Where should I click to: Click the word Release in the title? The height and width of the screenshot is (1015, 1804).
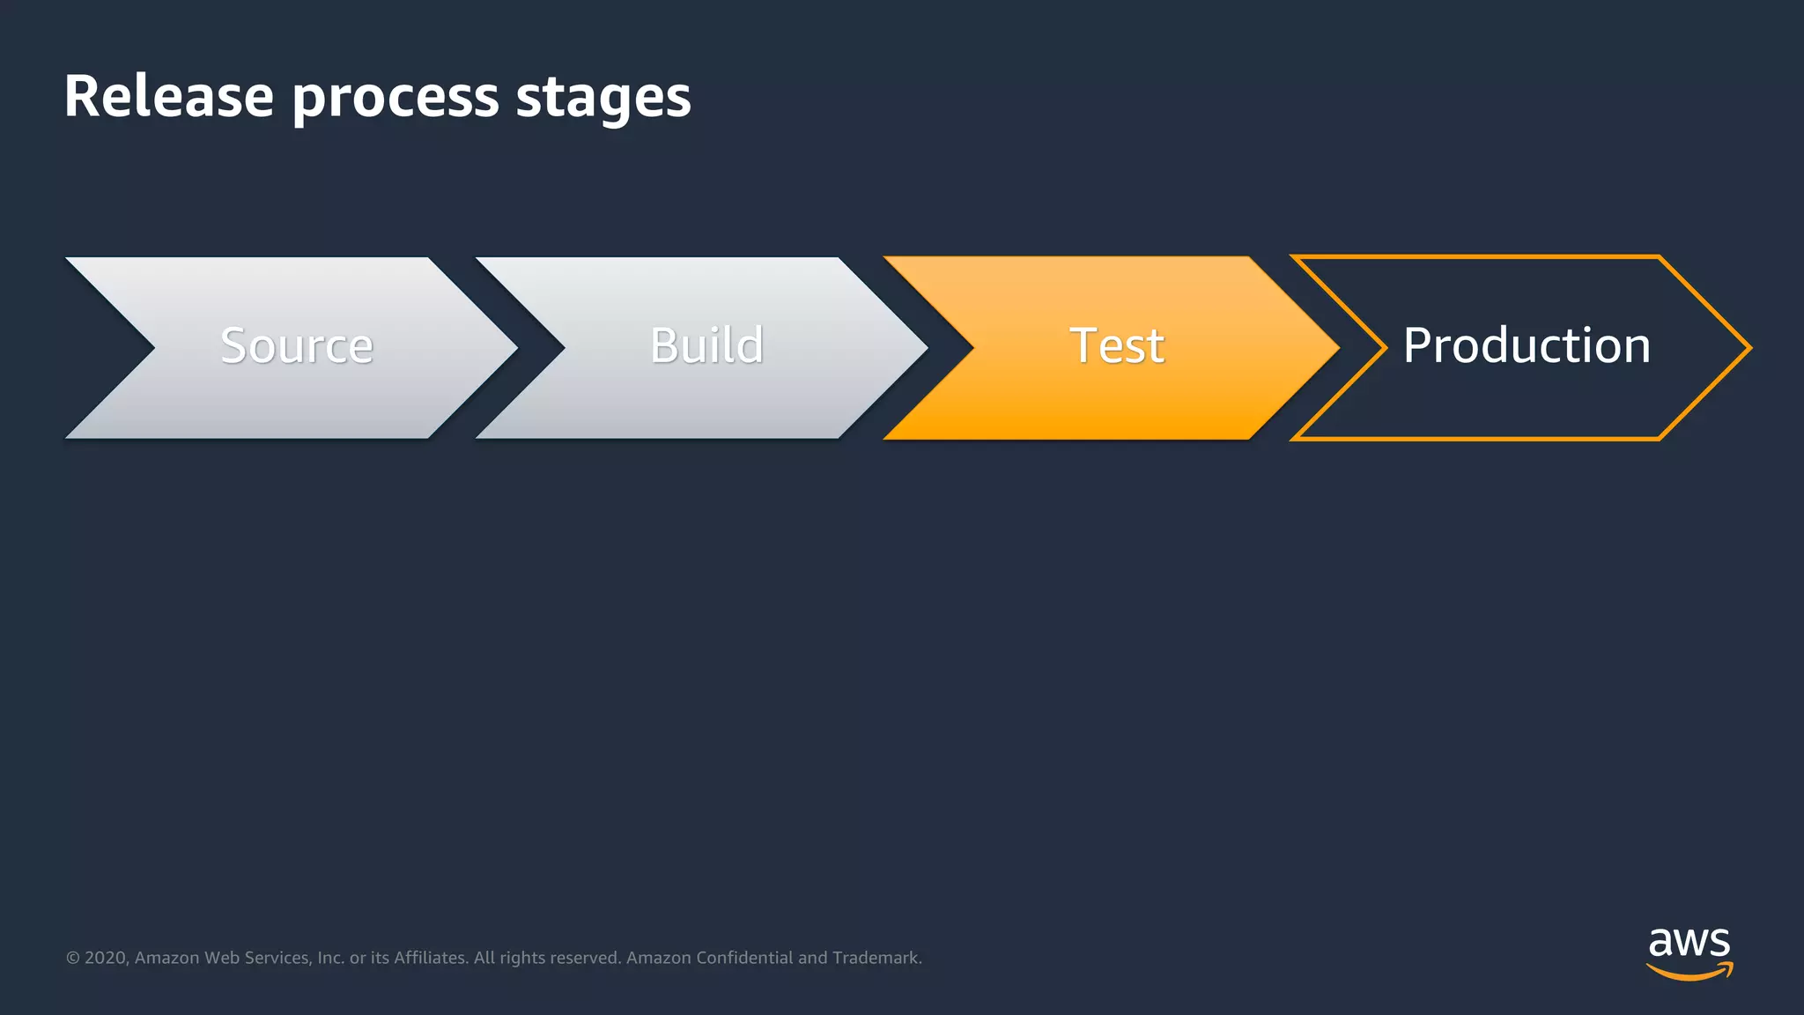(168, 96)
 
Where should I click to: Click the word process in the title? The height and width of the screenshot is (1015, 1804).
(395, 99)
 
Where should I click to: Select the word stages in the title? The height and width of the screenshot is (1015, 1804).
(603, 99)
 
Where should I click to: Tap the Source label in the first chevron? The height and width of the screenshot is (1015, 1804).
(297, 345)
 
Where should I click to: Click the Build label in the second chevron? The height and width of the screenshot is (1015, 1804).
(706, 345)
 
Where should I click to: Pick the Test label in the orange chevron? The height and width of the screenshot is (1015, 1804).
(1117, 345)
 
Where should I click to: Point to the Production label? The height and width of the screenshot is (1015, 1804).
(1527, 345)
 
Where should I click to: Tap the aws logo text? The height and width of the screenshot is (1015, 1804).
(1689, 943)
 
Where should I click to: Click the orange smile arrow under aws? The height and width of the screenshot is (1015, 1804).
(1689, 972)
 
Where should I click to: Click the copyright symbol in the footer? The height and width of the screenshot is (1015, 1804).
(73, 958)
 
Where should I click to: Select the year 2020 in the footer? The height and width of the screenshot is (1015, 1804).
(106, 958)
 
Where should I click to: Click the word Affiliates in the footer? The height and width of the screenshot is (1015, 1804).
(431, 958)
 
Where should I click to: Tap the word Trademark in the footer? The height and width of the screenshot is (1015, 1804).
(876, 958)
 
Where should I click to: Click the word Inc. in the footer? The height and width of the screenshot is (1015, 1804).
(330, 958)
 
